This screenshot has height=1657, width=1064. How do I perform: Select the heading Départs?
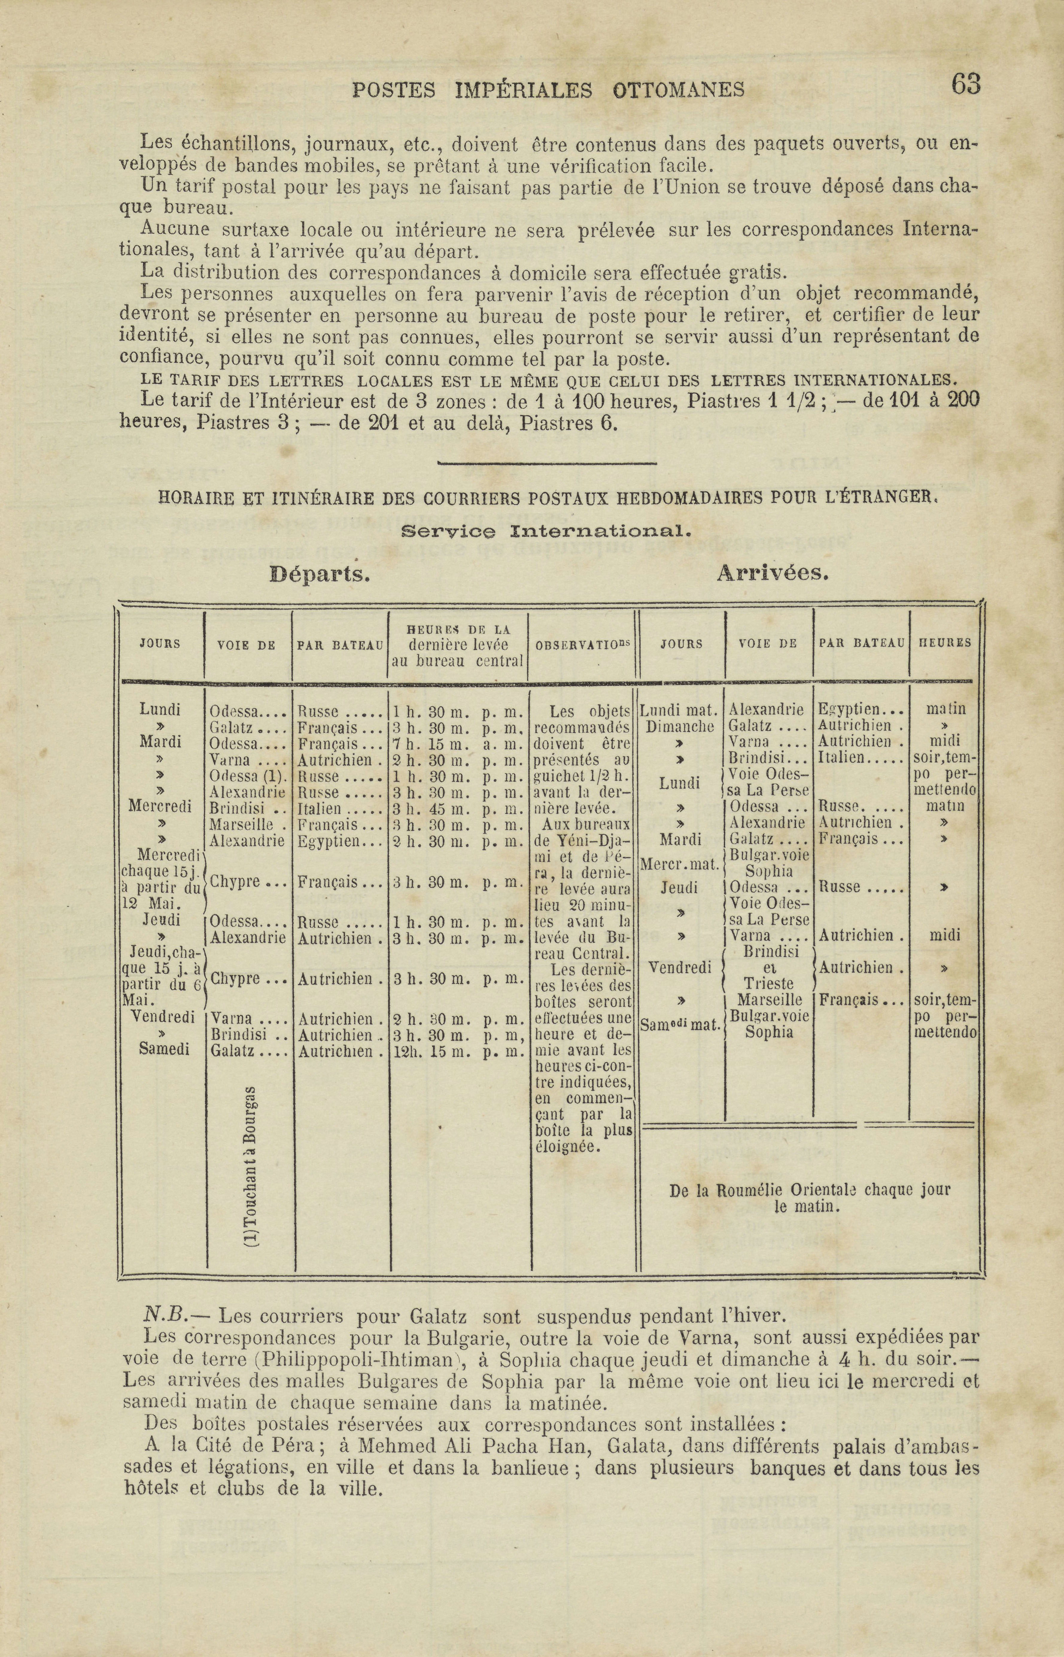click(x=320, y=574)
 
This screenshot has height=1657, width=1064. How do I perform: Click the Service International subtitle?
click(x=546, y=532)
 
